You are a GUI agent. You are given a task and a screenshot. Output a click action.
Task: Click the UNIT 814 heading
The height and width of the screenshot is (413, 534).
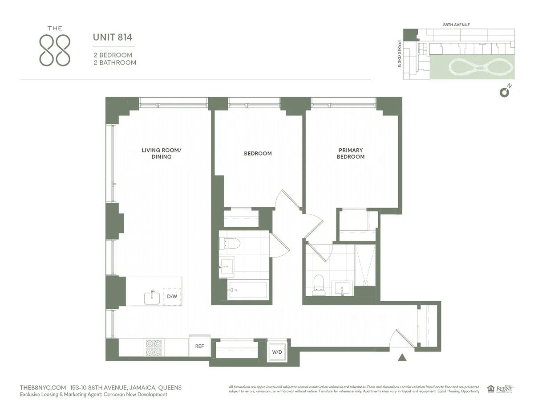pos(112,37)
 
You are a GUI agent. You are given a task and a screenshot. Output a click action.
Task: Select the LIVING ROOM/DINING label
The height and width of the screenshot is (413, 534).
pos(161,153)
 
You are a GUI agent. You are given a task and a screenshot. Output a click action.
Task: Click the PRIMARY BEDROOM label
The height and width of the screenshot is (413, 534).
pos(351,153)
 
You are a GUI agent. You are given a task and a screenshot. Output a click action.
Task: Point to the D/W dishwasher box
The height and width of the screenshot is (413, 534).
pos(172,296)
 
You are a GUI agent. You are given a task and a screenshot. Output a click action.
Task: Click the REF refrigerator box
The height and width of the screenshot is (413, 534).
pos(199,346)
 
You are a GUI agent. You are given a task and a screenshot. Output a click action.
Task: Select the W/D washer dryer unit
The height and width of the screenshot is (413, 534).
pos(277,352)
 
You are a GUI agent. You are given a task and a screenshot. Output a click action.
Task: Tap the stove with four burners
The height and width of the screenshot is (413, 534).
pos(154,348)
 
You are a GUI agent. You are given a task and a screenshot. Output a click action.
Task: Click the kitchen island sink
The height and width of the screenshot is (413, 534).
pos(152,298)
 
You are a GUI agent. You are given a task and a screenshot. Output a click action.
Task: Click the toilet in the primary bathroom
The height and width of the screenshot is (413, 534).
pos(318,285)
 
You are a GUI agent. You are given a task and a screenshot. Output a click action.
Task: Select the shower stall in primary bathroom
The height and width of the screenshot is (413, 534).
pos(365,266)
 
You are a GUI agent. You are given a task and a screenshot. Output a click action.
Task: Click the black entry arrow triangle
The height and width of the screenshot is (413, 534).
pos(402,357)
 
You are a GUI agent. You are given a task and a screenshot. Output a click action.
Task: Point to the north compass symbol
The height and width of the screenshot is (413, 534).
pos(505,92)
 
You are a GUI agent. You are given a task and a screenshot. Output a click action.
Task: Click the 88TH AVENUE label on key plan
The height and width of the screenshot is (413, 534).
pos(456,25)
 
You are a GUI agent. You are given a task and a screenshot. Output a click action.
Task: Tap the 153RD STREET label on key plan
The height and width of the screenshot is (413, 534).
pos(399,54)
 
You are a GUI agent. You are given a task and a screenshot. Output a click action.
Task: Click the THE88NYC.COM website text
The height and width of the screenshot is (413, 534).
pos(43,388)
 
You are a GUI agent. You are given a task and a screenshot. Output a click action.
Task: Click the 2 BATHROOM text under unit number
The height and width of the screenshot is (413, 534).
pos(115,62)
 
